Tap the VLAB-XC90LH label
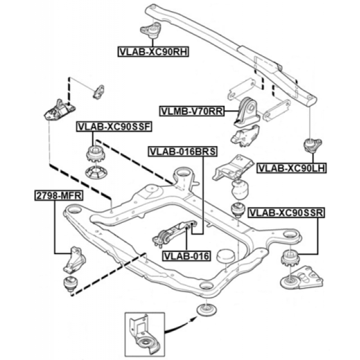click(x=292, y=168)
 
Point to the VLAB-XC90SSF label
click(x=114, y=127)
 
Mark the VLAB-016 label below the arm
click(x=186, y=256)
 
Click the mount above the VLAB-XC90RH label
click(x=152, y=31)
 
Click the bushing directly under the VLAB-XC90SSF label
click(x=94, y=154)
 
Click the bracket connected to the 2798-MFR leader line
click(x=74, y=260)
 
